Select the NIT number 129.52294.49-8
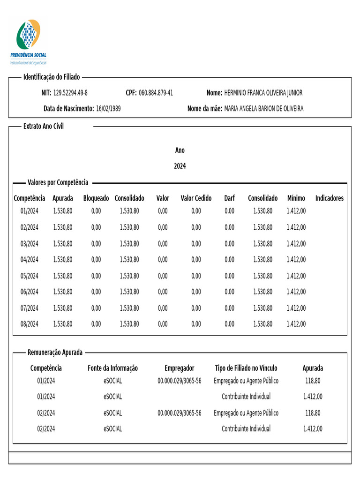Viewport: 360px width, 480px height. point(70,93)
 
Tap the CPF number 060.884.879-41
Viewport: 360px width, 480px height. point(156,93)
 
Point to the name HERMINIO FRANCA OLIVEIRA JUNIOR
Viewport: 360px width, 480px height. point(263,93)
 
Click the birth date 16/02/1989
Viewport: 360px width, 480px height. point(108,109)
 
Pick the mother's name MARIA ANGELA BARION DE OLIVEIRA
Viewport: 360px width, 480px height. point(264,109)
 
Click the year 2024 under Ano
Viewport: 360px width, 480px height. point(180,166)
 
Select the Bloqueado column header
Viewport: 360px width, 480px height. point(96,198)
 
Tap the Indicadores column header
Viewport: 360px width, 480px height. point(329,198)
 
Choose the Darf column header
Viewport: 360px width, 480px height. point(229,198)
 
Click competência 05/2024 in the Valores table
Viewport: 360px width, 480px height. point(30,276)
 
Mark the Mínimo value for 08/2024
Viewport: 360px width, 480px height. point(296,324)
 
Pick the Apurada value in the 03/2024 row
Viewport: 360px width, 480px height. point(63,244)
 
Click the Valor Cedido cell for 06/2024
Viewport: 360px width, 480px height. point(196,292)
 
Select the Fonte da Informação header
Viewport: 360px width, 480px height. point(112,368)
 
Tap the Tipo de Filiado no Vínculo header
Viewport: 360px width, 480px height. point(246,368)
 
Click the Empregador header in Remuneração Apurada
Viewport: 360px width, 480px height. point(179,368)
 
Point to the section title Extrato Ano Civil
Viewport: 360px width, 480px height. point(44,127)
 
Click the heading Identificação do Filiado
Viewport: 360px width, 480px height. point(52,77)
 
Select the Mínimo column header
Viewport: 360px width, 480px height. point(296,198)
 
